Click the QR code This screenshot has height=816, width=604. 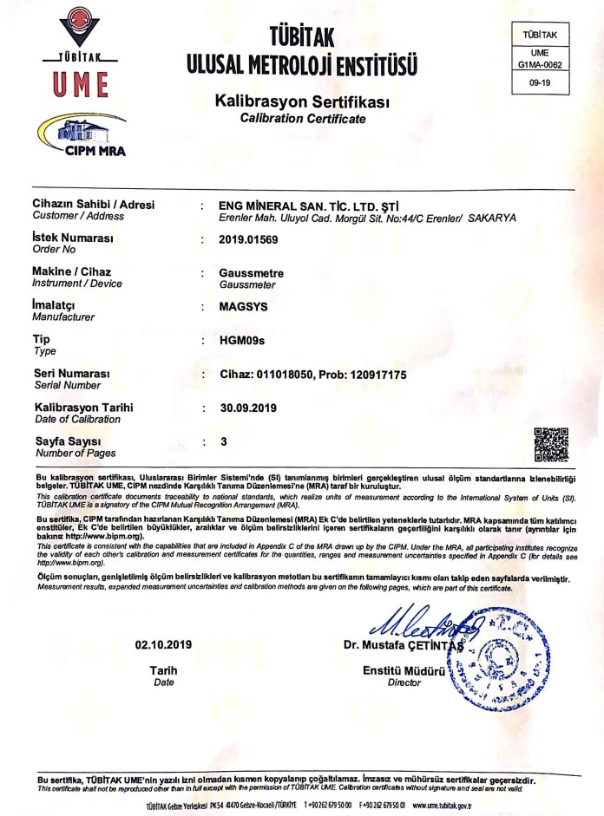click(x=550, y=442)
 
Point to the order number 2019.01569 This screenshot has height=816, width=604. click(x=248, y=238)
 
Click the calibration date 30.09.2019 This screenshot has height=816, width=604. click(x=250, y=408)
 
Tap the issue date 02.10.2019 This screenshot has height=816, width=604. click(x=163, y=644)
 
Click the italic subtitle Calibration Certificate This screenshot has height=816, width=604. click(x=303, y=119)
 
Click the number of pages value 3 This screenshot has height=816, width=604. click(x=223, y=441)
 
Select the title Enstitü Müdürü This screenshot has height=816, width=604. click(x=404, y=671)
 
